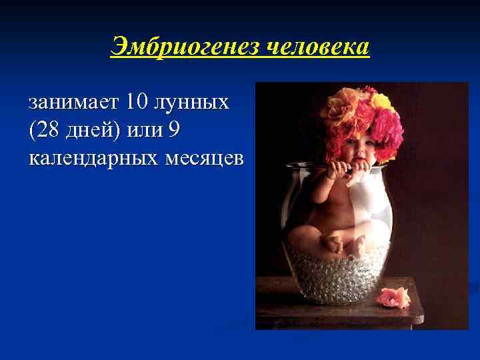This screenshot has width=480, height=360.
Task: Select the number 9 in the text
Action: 175,131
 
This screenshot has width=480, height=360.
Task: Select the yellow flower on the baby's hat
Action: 383,101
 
